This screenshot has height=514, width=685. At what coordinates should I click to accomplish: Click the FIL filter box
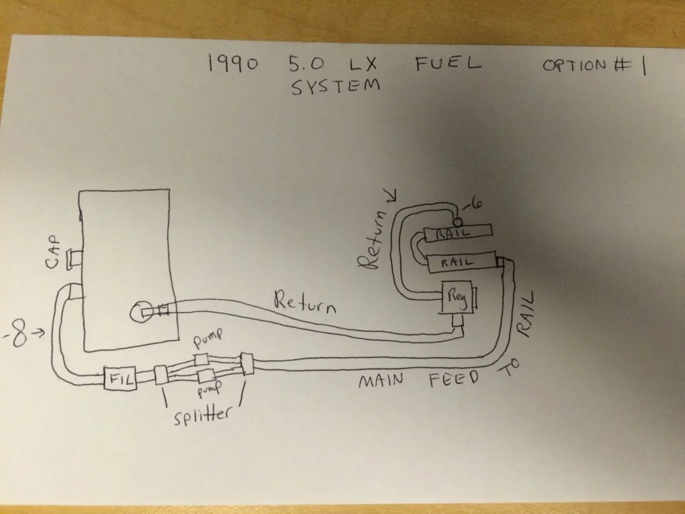[120, 378]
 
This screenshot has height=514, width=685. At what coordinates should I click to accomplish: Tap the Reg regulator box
[457, 297]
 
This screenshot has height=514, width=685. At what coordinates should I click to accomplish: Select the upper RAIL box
[458, 231]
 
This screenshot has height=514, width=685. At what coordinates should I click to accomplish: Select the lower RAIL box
[462, 262]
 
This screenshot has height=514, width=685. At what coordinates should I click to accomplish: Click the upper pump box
[201, 360]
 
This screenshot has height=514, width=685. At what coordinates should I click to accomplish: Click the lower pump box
[205, 376]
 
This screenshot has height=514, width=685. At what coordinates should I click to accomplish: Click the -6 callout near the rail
[472, 203]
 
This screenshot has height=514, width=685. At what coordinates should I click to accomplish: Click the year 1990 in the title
[233, 64]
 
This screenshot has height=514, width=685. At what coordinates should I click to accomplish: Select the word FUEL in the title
[447, 63]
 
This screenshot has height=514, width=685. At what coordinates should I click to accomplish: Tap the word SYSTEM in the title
[335, 86]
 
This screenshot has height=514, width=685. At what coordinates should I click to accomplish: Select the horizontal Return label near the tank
[305, 302]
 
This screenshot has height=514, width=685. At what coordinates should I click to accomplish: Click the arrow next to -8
[38, 333]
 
